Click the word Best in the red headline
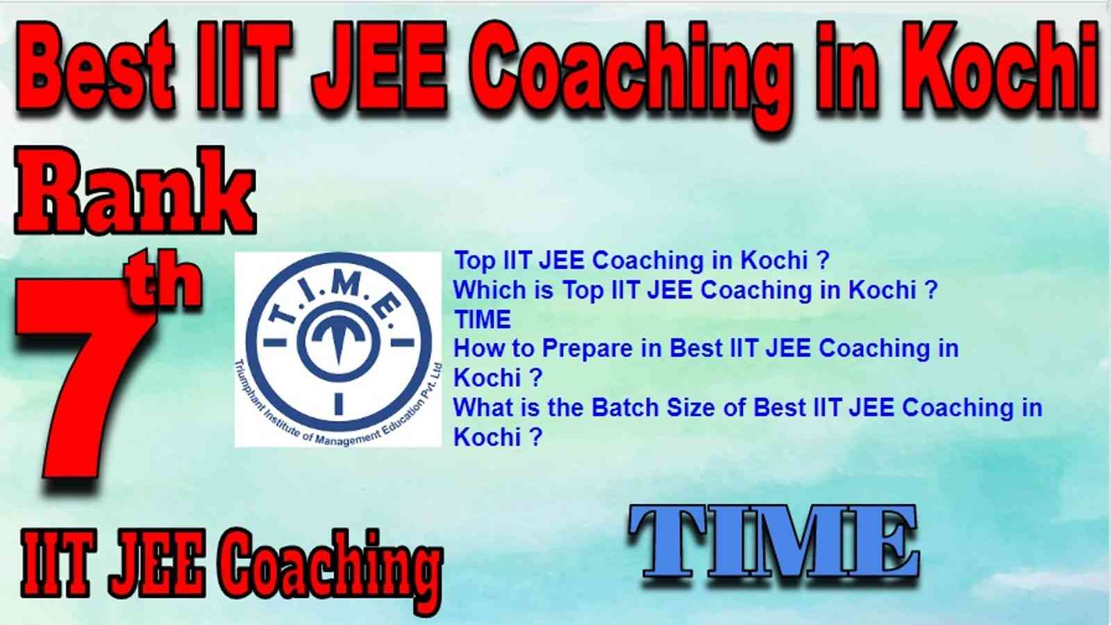pyautogui.click(x=97, y=67)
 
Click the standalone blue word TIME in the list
pyautogui.click(x=483, y=319)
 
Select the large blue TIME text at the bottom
pyautogui.click(x=774, y=546)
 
